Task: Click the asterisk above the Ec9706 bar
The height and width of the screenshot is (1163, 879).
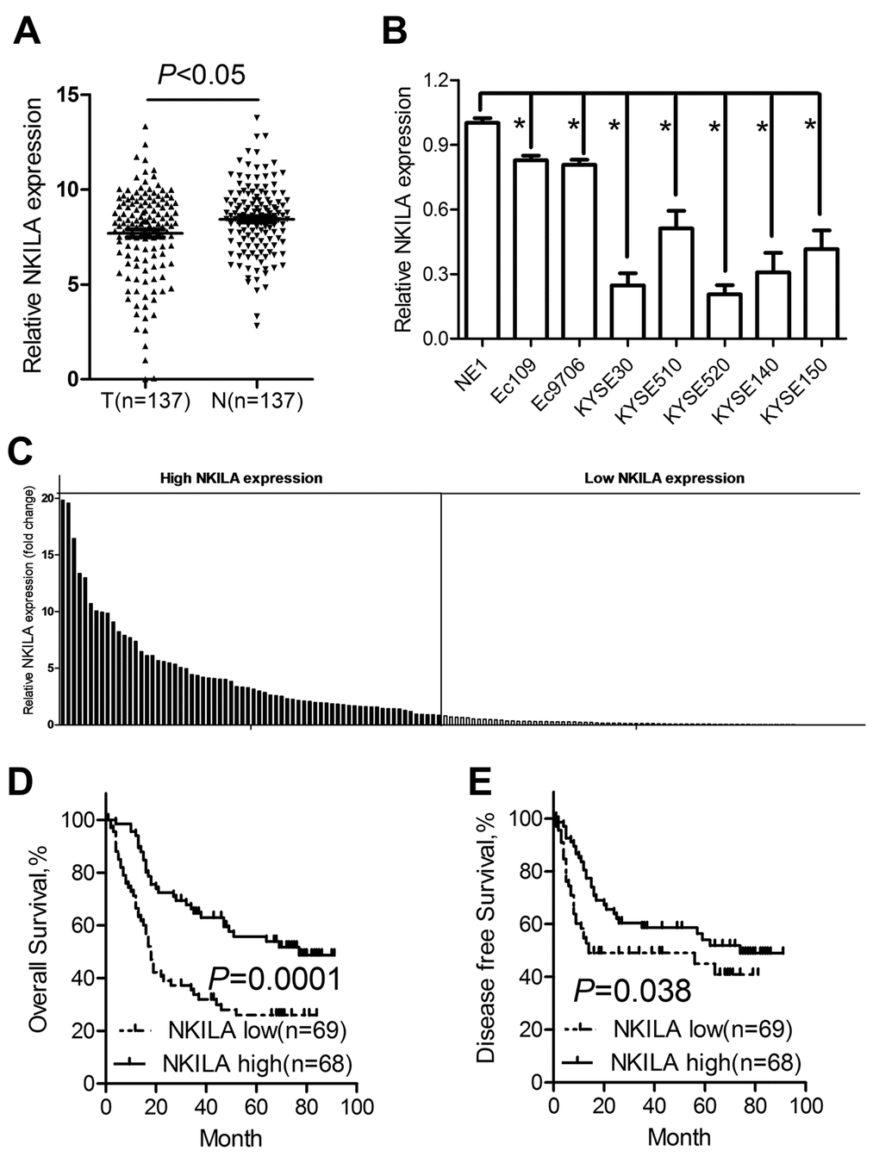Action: (573, 126)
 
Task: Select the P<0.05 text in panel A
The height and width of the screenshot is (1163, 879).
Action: (202, 75)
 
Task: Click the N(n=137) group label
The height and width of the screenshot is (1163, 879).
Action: (256, 401)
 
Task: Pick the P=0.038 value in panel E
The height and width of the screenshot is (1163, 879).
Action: (633, 991)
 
